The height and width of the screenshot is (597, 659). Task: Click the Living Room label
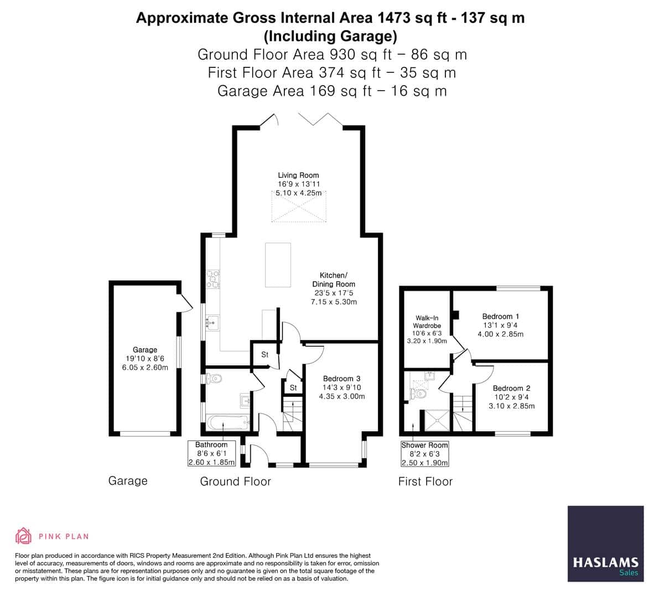tap(298, 175)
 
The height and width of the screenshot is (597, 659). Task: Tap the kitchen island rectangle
tap(278, 265)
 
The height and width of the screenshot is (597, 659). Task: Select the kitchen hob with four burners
tap(212, 279)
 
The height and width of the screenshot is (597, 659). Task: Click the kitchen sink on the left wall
tap(212, 322)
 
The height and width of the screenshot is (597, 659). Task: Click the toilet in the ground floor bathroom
tap(214, 379)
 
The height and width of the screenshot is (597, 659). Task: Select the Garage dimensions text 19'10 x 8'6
tap(144, 358)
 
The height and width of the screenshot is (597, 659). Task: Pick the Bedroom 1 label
tap(500, 317)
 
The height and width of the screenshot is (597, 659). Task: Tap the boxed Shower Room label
tap(424, 445)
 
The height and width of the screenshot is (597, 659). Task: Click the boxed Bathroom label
tap(211, 444)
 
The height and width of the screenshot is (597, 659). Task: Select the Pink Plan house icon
tap(23, 536)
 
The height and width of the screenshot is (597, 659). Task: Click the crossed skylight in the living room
tap(299, 207)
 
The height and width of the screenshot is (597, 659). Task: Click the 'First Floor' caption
tap(425, 481)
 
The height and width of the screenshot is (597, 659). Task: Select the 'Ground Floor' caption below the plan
tap(235, 481)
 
